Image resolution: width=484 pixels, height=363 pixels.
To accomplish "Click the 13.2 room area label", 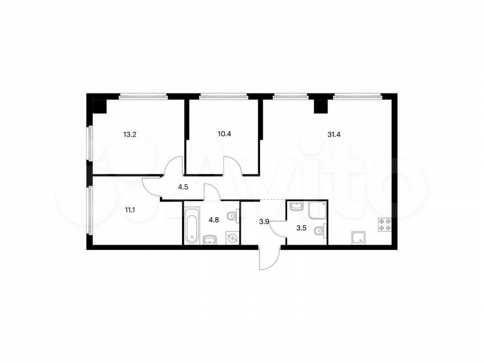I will [x=130, y=134].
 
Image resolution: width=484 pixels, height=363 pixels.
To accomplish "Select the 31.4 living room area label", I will [x=334, y=134].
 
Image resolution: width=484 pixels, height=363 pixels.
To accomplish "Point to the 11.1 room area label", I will [x=130, y=209].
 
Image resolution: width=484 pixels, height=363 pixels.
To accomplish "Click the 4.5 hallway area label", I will [x=183, y=188].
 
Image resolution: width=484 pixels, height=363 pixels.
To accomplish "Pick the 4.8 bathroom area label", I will [x=214, y=218].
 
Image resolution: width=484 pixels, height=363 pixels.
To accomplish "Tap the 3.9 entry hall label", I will [x=264, y=221].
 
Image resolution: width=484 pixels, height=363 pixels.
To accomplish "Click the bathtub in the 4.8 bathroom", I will [x=190, y=225].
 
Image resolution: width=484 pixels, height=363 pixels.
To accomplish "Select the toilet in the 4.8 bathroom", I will [x=232, y=216].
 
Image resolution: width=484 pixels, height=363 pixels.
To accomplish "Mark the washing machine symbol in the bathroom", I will [x=232, y=237].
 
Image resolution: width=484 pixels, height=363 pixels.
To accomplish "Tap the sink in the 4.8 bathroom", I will [x=210, y=238].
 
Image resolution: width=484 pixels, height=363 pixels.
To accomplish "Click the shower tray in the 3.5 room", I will [x=317, y=212].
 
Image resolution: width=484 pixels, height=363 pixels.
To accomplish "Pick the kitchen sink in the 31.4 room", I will [x=358, y=237].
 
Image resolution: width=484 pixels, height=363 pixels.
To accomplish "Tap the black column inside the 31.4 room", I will [x=321, y=106].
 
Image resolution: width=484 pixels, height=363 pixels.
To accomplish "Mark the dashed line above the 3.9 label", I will [x=264, y=201].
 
